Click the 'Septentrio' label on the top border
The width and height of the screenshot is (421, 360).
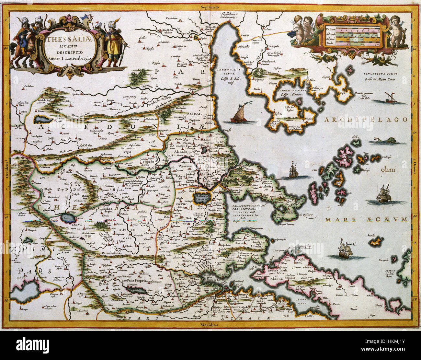(x=210, y=7)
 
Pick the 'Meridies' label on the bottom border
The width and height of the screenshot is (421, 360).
(x=209, y=324)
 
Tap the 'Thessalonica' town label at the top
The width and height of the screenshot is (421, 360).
(x=227, y=15)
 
